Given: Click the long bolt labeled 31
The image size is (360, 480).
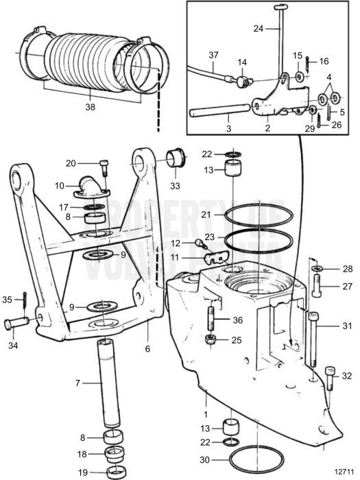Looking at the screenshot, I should tap(314, 343).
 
